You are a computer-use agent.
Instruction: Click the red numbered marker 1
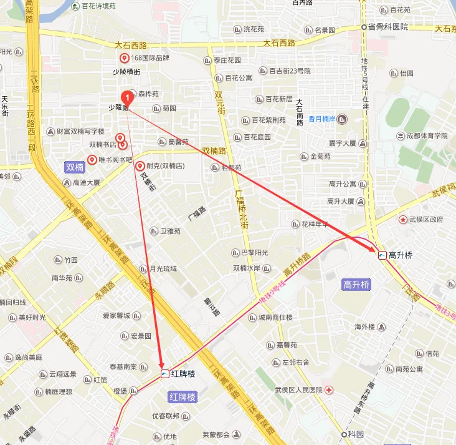pyautogui.click(x=127, y=97)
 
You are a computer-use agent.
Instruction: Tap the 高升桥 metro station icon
pyautogui.click(x=382, y=255)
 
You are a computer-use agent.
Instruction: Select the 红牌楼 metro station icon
pyautogui.click(x=164, y=374)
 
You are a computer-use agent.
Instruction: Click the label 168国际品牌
pyautogui.click(x=150, y=58)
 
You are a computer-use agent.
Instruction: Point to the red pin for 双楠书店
pyautogui.click(x=123, y=144)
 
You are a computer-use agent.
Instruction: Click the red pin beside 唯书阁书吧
pyautogui.click(x=92, y=160)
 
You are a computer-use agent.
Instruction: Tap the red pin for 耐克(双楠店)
pyautogui.click(x=140, y=166)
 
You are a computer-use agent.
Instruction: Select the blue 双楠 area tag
pyautogui.click(x=75, y=167)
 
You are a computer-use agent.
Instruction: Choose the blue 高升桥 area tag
pyautogui.click(x=356, y=285)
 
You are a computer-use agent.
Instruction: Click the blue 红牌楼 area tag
pyautogui.click(x=183, y=397)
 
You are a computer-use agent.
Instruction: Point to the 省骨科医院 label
pyautogui.click(x=387, y=27)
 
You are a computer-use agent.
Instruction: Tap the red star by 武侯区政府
pyautogui.click(x=403, y=220)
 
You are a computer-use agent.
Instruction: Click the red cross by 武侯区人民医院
pyautogui.click(x=328, y=390)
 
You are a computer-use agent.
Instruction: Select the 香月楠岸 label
pyautogui.click(x=322, y=119)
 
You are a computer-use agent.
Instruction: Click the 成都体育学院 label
pyautogui.click(x=427, y=135)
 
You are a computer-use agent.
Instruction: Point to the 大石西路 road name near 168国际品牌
pyautogui.click(x=131, y=45)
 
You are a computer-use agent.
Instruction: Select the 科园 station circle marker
pyautogui.click(x=343, y=434)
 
